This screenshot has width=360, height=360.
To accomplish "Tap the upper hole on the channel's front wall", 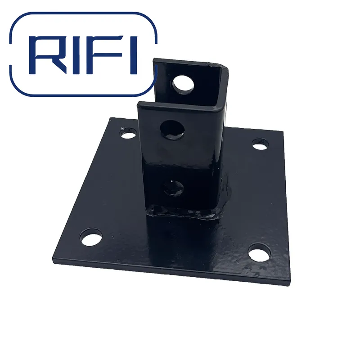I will pyautogui.click(x=172, y=129).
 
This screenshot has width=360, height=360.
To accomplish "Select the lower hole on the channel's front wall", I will pyautogui.click(x=173, y=186).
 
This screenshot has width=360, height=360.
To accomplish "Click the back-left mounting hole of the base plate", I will pyautogui.click(x=129, y=134).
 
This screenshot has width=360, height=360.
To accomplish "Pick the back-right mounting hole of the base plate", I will pyautogui.click(x=260, y=144).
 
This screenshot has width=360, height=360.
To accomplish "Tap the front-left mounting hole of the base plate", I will pyautogui.click(x=91, y=237).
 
